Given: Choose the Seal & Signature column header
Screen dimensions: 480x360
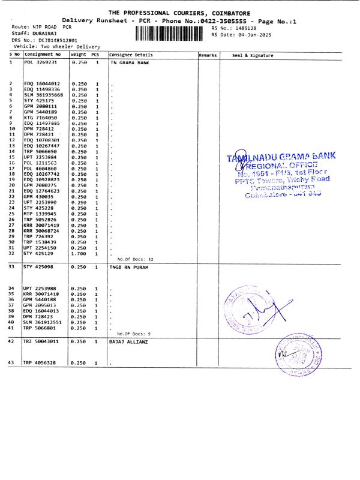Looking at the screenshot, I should click(x=252, y=55).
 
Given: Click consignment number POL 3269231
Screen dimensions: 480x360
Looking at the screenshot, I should click(x=40, y=62).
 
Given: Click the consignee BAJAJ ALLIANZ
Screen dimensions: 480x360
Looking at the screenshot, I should click(x=129, y=341).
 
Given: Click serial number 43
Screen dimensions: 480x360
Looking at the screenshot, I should click(x=11, y=363).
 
